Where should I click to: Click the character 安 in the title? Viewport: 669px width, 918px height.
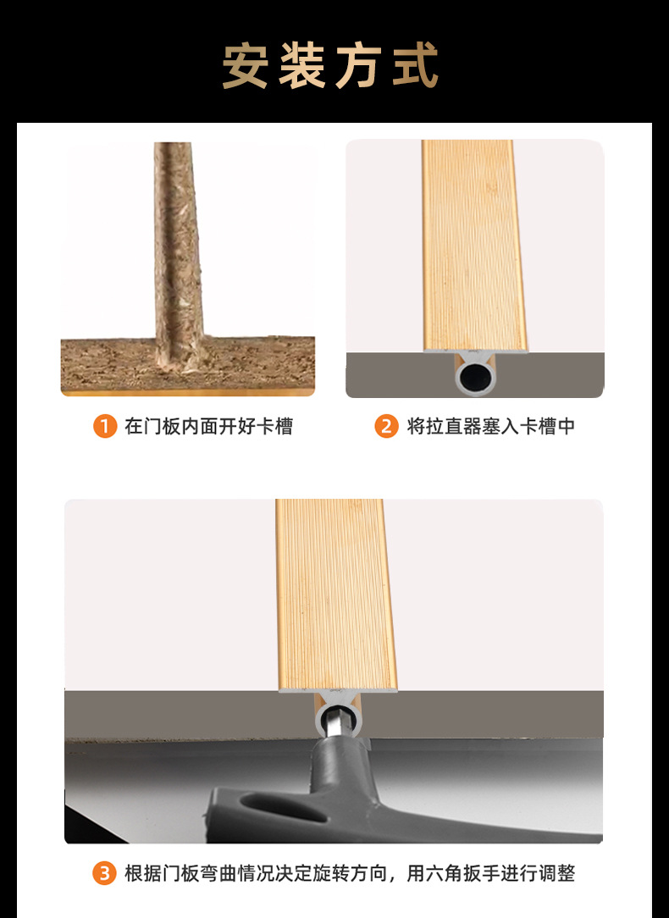point(245,65)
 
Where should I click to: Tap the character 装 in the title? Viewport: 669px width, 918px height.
point(301,65)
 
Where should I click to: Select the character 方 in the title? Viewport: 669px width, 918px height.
point(359,65)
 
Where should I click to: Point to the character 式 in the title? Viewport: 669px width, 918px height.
point(416,65)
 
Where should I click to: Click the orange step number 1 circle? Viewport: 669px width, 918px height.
point(105,426)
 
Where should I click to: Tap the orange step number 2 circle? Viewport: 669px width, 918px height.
point(386,426)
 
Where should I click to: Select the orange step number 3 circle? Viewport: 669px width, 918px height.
point(104,873)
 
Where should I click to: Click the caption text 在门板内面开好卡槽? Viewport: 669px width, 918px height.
point(208,426)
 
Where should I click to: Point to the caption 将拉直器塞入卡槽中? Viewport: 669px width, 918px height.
point(490,426)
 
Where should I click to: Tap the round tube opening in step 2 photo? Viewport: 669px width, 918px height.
point(475,379)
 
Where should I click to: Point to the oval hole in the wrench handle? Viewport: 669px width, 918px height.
point(284,807)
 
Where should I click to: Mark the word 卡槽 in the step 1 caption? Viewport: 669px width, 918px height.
point(274,426)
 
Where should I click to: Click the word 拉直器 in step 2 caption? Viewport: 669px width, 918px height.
point(453,426)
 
